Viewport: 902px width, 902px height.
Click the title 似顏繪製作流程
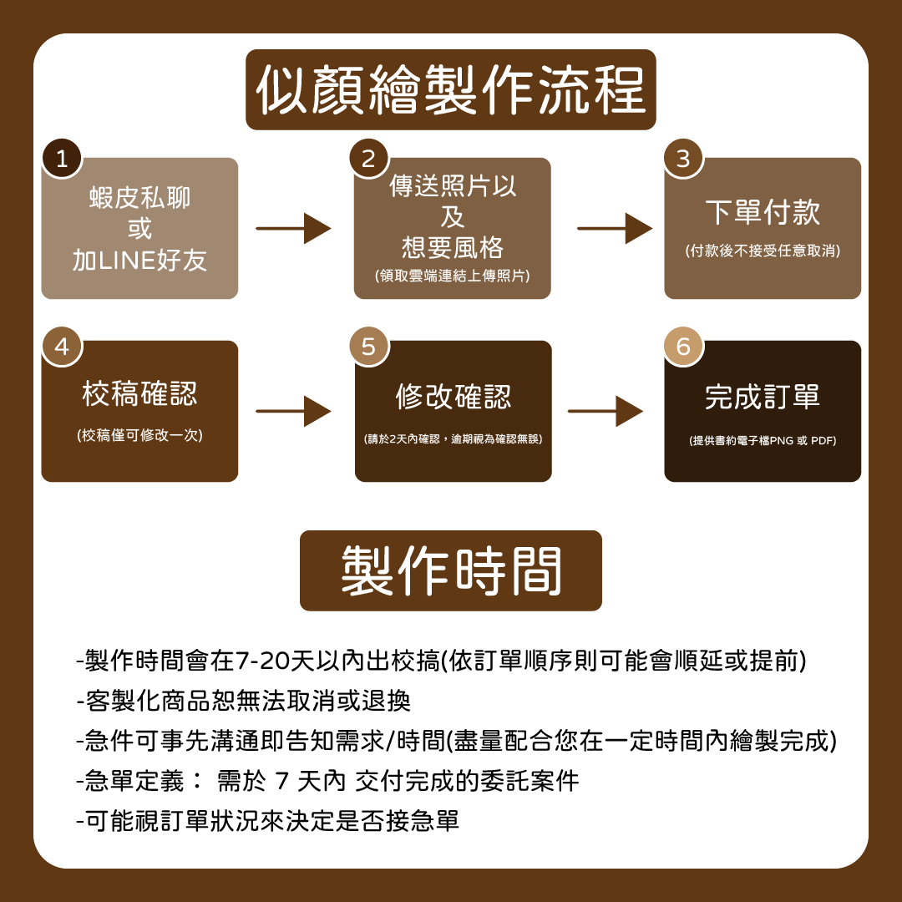pos(451,89)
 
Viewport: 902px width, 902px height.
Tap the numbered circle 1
pos(62,159)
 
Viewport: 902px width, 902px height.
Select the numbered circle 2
pos(368,159)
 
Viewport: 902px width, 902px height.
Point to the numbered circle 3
pos(683,159)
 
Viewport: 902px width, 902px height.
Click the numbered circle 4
pos(62,346)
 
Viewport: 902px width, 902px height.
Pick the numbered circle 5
pos(368,346)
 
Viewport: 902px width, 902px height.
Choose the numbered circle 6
pos(683,346)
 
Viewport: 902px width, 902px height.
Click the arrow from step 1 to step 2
pos(293,228)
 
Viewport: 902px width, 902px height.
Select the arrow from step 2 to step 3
pos(615,228)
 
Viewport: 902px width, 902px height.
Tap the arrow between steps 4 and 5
pos(293,411)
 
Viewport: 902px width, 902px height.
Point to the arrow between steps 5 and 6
pos(606,411)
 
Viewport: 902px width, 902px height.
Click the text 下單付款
pos(763,213)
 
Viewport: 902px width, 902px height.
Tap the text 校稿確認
pos(139,394)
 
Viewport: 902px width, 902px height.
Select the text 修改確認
pos(453,398)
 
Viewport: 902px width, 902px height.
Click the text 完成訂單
pos(763,398)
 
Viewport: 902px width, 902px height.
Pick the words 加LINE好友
pos(139,261)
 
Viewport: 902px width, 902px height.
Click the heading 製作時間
pos(451,571)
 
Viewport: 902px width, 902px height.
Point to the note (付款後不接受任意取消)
pos(763,251)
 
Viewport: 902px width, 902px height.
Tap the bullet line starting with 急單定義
pos(327,782)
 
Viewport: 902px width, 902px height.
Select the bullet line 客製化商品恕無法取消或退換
pos(243,701)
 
